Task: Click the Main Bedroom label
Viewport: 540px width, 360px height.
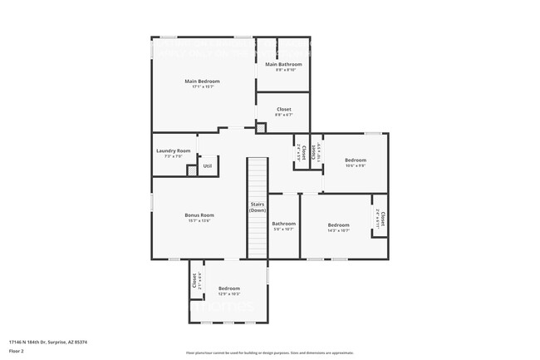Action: [202, 81]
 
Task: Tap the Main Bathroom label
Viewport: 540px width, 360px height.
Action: [283, 64]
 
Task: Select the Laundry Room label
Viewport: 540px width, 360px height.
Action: [173, 150]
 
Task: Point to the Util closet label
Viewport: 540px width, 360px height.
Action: [207, 165]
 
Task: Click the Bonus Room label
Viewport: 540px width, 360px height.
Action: [199, 215]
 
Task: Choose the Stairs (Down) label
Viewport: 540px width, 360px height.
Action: [258, 207]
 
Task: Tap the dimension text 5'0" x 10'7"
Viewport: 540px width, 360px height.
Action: [283, 229]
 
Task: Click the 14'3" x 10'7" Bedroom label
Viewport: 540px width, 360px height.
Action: [338, 224]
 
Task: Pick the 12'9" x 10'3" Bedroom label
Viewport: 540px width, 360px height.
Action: [228, 288]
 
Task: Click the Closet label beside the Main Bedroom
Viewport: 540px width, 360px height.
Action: [283, 109]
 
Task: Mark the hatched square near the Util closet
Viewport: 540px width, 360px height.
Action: [192, 170]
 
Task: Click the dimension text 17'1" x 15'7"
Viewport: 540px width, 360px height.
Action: [202, 86]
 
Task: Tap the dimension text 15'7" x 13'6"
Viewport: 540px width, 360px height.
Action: [199, 220]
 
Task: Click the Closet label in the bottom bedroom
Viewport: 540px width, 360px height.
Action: [194, 281]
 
